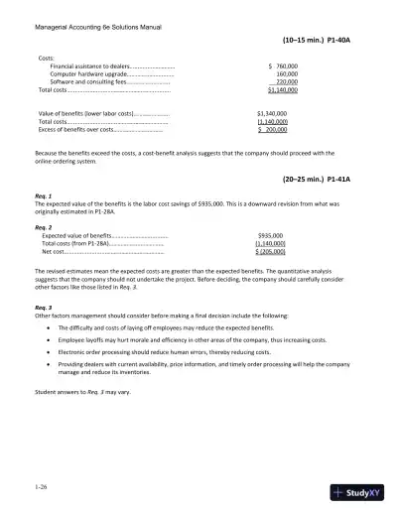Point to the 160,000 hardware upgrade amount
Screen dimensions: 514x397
point(287,73)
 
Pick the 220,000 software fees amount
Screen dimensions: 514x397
point(286,81)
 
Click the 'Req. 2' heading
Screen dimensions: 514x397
point(43,227)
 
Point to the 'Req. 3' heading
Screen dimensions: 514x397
point(43,308)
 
